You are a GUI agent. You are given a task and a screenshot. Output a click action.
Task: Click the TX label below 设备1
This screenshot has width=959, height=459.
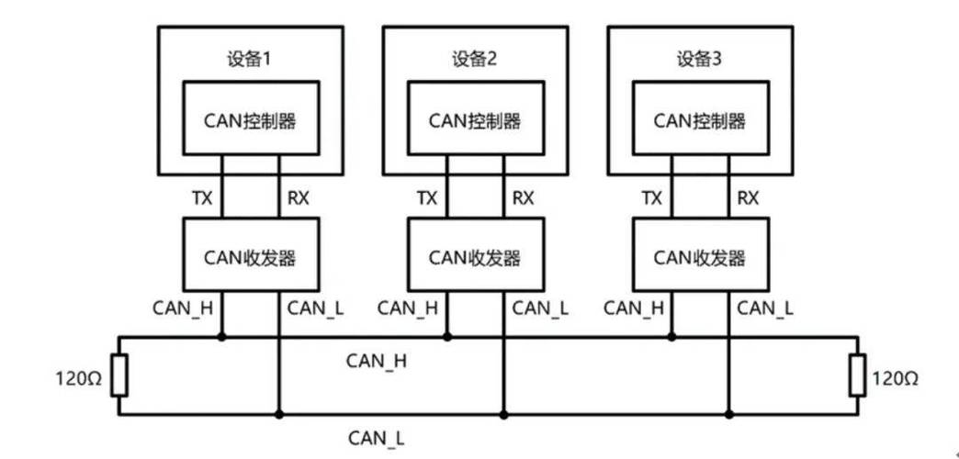click(x=201, y=197)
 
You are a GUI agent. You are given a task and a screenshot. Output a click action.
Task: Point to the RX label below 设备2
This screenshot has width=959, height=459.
click(x=523, y=197)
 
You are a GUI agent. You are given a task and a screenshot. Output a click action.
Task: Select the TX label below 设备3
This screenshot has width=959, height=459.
click(x=651, y=197)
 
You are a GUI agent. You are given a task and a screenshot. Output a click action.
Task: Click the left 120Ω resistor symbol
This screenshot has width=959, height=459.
click(x=118, y=375)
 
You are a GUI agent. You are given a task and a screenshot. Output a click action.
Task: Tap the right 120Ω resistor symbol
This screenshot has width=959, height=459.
click(x=856, y=375)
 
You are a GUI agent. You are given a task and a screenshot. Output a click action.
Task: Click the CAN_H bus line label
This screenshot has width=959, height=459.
click(x=377, y=360)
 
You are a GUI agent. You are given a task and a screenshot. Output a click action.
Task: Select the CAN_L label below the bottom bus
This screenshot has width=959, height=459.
click(x=377, y=439)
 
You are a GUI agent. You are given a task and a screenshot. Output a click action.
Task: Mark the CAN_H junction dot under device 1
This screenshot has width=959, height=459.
click(x=221, y=337)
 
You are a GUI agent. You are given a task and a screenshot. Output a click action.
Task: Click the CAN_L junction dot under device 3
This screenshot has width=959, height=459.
click(x=729, y=414)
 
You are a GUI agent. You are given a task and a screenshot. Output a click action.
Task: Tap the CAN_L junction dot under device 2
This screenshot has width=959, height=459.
click(x=502, y=414)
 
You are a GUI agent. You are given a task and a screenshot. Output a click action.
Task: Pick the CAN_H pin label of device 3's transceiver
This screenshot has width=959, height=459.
click(x=633, y=308)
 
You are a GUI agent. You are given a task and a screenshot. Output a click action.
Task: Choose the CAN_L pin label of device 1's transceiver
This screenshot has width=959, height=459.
click(x=315, y=308)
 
